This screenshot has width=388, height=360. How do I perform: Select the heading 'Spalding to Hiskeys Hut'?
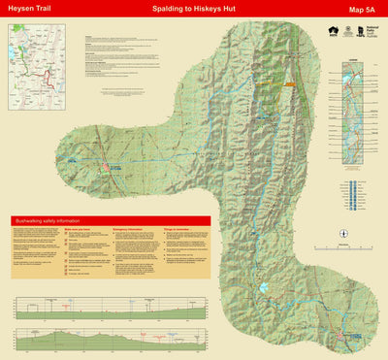click(x=195, y=10)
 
